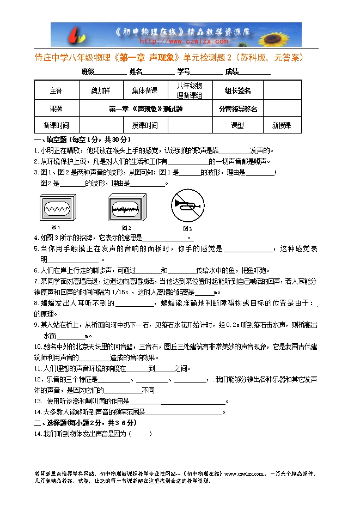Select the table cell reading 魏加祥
pos(100,90)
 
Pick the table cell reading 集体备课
pos(144,90)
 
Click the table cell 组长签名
pos(237,90)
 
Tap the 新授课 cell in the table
pos(282,125)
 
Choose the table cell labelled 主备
pos(56,90)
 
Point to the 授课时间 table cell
pos(144,125)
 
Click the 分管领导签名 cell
pos(237,108)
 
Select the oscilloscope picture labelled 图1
pos(56,208)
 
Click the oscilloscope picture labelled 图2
pos(126,208)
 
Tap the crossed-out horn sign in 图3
pos(187,208)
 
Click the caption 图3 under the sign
pos(187,228)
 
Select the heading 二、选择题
pos(51,422)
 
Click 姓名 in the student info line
pos(136,71)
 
